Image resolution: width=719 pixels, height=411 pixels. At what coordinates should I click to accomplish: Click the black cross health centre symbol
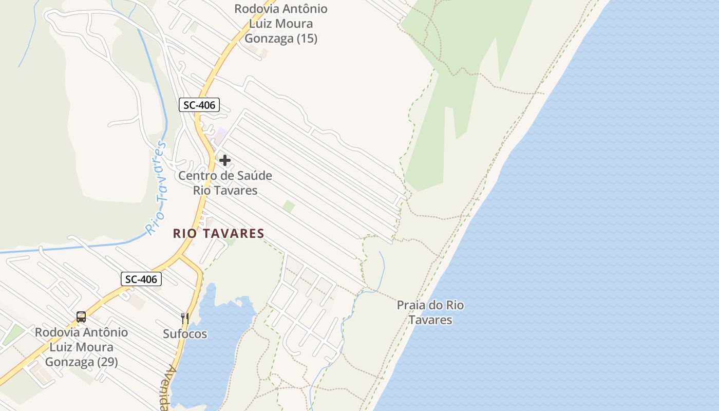tap(224, 160)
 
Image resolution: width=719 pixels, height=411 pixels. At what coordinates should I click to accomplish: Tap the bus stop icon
tap(81, 316)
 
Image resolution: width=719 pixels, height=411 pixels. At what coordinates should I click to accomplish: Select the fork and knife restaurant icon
tap(185, 319)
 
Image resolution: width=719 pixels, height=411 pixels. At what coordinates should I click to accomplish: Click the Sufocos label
tap(185, 334)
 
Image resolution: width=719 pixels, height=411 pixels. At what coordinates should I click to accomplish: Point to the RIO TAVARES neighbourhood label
tap(219, 234)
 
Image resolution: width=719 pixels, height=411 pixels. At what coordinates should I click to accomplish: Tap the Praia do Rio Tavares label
tap(430, 312)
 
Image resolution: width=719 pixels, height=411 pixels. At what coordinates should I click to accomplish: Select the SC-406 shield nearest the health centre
tap(199, 105)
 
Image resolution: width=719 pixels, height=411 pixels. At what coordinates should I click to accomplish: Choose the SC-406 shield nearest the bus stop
tap(141, 279)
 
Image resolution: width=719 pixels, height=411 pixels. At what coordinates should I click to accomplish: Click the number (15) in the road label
tap(307, 38)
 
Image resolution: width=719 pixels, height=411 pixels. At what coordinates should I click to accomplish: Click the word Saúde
tap(254, 176)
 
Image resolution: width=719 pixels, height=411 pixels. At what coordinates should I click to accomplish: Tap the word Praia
tap(412, 305)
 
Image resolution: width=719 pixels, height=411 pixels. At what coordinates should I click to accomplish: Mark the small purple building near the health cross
tap(221, 135)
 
